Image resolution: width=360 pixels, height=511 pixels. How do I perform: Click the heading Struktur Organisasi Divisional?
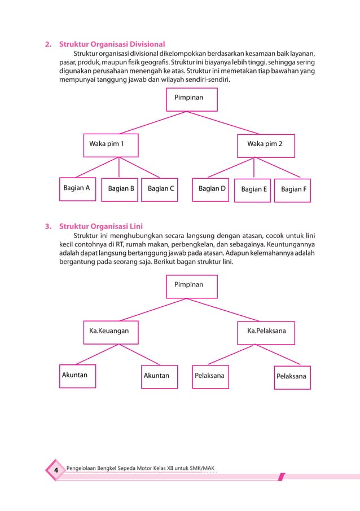click(x=112, y=44)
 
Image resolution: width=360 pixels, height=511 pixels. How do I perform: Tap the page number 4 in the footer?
click(x=56, y=470)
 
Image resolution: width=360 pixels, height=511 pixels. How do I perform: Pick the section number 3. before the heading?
click(x=49, y=227)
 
